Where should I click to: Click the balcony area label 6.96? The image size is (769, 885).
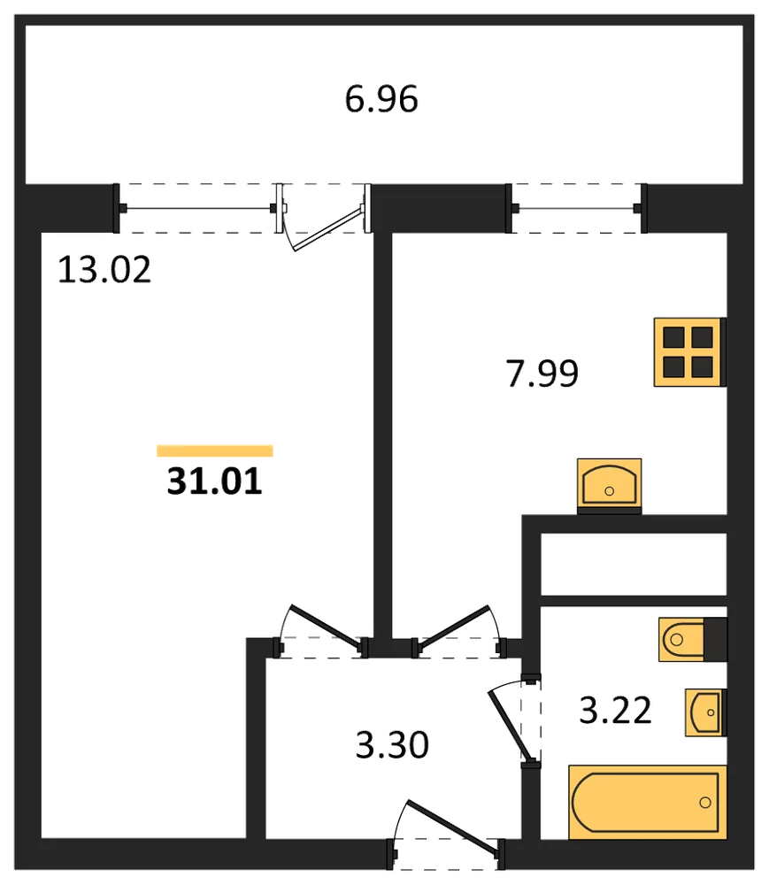click(x=381, y=99)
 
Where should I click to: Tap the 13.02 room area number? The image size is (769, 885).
click(x=104, y=269)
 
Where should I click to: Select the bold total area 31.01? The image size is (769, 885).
click(x=215, y=481)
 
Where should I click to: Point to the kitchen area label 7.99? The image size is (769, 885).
click(x=542, y=373)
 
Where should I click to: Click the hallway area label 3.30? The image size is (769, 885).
click(x=392, y=744)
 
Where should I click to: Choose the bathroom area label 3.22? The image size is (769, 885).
click(x=616, y=710)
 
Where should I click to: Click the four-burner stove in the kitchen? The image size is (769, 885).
click(x=689, y=352)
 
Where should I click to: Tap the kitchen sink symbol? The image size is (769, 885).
click(x=610, y=485)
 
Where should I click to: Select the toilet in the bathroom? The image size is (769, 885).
click(x=692, y=640)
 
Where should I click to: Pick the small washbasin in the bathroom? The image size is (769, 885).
click(x=705, y=712)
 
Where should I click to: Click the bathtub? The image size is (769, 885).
click(x=647, y=802)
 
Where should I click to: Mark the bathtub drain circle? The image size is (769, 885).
click(x=705, y=802)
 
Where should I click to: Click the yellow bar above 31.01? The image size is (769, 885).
click(x=215, y=450)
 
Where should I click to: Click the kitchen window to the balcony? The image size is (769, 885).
click(x=576, y=208)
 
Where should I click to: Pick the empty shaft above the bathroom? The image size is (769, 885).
click(x=634, y=564)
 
